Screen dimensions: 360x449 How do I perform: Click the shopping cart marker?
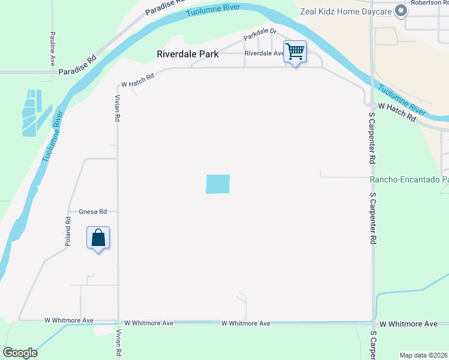click(295, 52)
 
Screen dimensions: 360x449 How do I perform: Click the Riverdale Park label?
click(187, 53)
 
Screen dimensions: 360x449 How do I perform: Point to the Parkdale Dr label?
click(260, 35)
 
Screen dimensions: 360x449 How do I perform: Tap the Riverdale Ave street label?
click(264, 53)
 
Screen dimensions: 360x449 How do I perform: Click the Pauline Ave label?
click(53, 49)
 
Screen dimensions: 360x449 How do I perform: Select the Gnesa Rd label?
click(93, 211)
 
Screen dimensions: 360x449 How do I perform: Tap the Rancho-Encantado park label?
click(409, 179)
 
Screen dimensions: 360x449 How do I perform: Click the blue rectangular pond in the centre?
click(218, 184)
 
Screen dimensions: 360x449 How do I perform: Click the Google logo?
click(20, 353)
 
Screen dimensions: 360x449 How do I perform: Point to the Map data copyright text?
click(424, 355)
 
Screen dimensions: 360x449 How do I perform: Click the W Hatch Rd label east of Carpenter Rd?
click(397, 112)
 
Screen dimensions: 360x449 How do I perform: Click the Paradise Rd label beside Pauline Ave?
click(77, 66)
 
